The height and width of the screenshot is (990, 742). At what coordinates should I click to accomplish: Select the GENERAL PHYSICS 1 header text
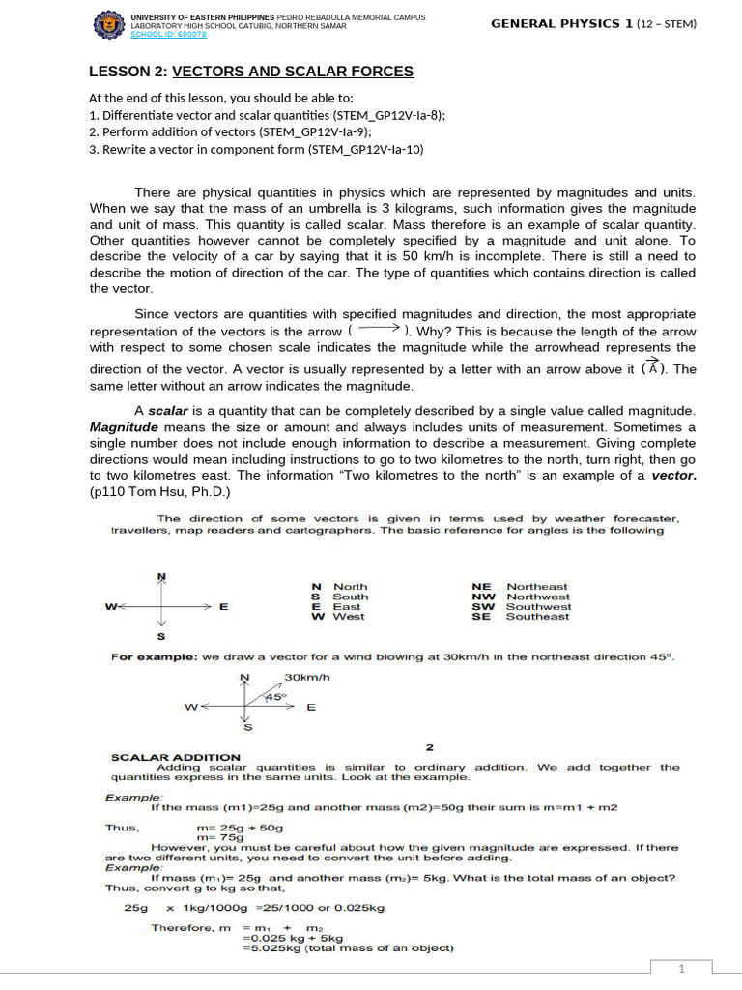click(561, 23)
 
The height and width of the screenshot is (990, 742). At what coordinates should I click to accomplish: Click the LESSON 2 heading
click(251, 72)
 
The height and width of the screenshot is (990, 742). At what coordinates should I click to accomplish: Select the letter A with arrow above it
click(654, 367)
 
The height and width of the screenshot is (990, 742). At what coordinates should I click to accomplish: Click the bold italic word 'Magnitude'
click(123, 427)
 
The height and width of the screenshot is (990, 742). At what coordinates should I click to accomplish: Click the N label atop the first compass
click(161, 576)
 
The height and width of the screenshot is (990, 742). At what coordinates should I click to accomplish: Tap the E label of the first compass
click(223, 607)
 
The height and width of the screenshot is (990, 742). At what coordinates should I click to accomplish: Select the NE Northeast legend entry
click(521, 586)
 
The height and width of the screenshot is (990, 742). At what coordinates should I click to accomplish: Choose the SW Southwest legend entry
click(523, 607)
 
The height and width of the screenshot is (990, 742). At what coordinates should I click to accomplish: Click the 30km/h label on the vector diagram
click(306, 677)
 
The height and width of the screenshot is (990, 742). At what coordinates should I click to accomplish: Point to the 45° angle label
click(278, 695)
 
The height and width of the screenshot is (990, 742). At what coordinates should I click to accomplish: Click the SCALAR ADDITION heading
click(176, 756)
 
